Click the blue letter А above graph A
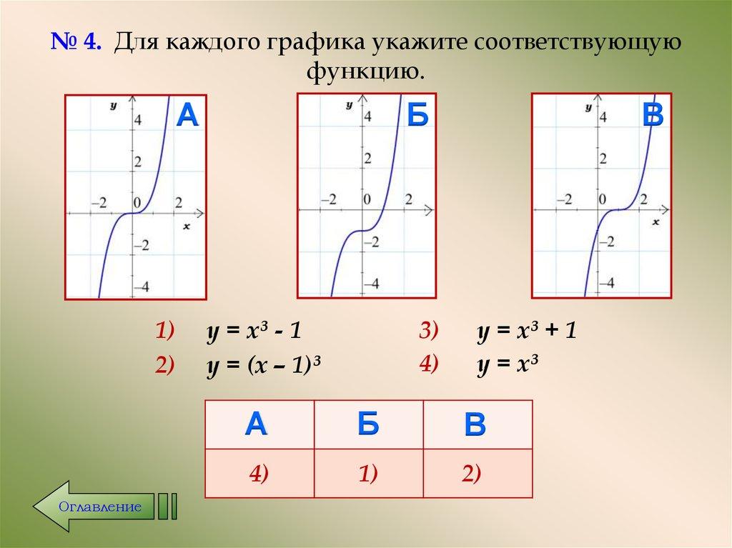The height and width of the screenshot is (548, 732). tap(187, 115)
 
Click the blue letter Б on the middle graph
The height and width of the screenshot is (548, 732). tap(417, 115)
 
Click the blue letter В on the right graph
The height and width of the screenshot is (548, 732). tap(652, 115)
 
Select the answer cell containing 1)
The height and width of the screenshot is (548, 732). tap(368, 474)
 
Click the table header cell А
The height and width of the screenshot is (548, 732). tap(257, 424)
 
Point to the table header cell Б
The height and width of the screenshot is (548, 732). tap(368, 424)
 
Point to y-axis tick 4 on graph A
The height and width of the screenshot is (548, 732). tap(137, 119)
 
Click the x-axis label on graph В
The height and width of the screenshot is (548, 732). tap(656, 223)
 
